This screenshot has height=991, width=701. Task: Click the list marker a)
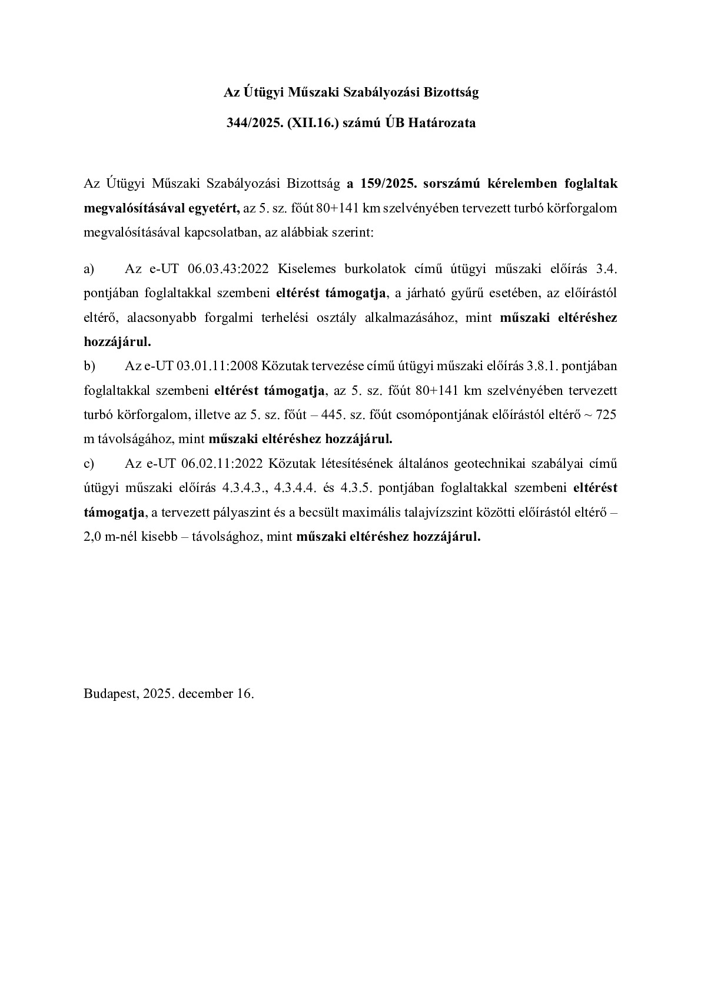[89, 269]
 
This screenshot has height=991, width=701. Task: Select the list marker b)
[89, 366]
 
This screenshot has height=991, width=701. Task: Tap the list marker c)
[89, 463]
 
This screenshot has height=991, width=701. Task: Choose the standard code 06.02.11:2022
[222, 463]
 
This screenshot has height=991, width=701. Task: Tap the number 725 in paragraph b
[606, 414]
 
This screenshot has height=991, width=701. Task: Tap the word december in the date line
[206, 693]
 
